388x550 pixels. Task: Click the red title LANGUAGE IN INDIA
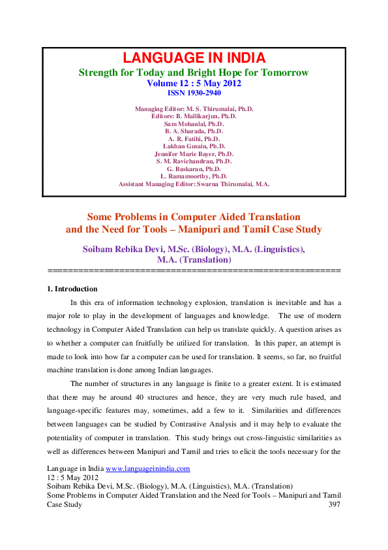point(194,58)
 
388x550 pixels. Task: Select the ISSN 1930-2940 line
point(194,93)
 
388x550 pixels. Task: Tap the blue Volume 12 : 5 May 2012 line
point(194,83)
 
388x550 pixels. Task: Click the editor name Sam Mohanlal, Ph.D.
point(194,123)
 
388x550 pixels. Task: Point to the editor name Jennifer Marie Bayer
point(194,154)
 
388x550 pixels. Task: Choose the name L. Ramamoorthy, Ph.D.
point(194,176)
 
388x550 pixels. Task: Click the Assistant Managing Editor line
point(194,184)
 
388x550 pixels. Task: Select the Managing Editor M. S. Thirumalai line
point(194,108)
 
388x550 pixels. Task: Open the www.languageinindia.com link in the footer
point(147,468)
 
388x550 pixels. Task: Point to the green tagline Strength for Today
point(194,72)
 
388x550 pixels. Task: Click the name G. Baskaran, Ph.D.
point(194,169)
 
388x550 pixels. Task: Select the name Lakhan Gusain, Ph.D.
point(194,146)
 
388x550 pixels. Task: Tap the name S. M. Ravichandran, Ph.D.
point(194,161)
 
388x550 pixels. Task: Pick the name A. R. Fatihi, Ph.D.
point(194,138)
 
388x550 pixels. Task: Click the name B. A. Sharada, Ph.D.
point(194,131)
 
